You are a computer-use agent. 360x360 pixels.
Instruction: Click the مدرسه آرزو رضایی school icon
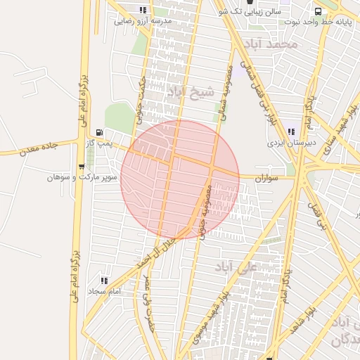click(x=144, y=11)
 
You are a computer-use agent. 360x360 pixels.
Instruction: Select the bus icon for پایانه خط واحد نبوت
click(x=318, y=11)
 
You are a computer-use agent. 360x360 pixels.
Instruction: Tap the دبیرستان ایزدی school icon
click(x=290, y=131)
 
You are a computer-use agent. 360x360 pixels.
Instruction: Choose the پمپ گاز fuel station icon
click(x=99, y=132)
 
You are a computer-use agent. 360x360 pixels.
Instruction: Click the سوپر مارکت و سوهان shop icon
click(x=82, y=167)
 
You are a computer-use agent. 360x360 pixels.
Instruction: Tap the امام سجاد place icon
click(x=104, y=281)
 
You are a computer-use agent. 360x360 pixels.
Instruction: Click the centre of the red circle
click(x=180, y=179)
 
